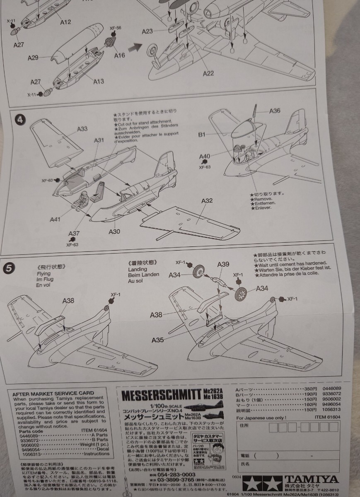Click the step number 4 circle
coord(18,121)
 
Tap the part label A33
coord(82,129)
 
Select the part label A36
coord(275,111)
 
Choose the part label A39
coord(223,265)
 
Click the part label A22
coord(208,73)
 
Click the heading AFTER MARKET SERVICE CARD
coord(51,393)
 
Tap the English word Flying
coord(43,273)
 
